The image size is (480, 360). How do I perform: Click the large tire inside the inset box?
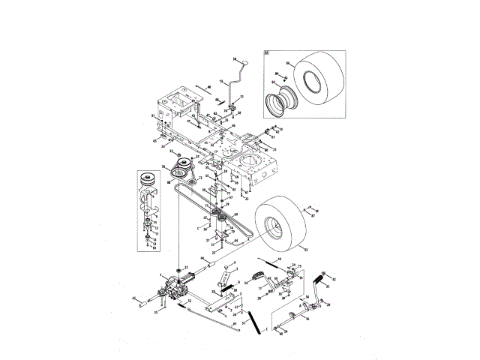(x=318, y=79)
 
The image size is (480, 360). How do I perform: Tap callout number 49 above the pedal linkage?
(x=278, y=259)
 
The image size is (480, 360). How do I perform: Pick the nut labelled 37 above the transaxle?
(x=178, y=268)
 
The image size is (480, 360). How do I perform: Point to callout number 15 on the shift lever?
(x=220, y=81)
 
